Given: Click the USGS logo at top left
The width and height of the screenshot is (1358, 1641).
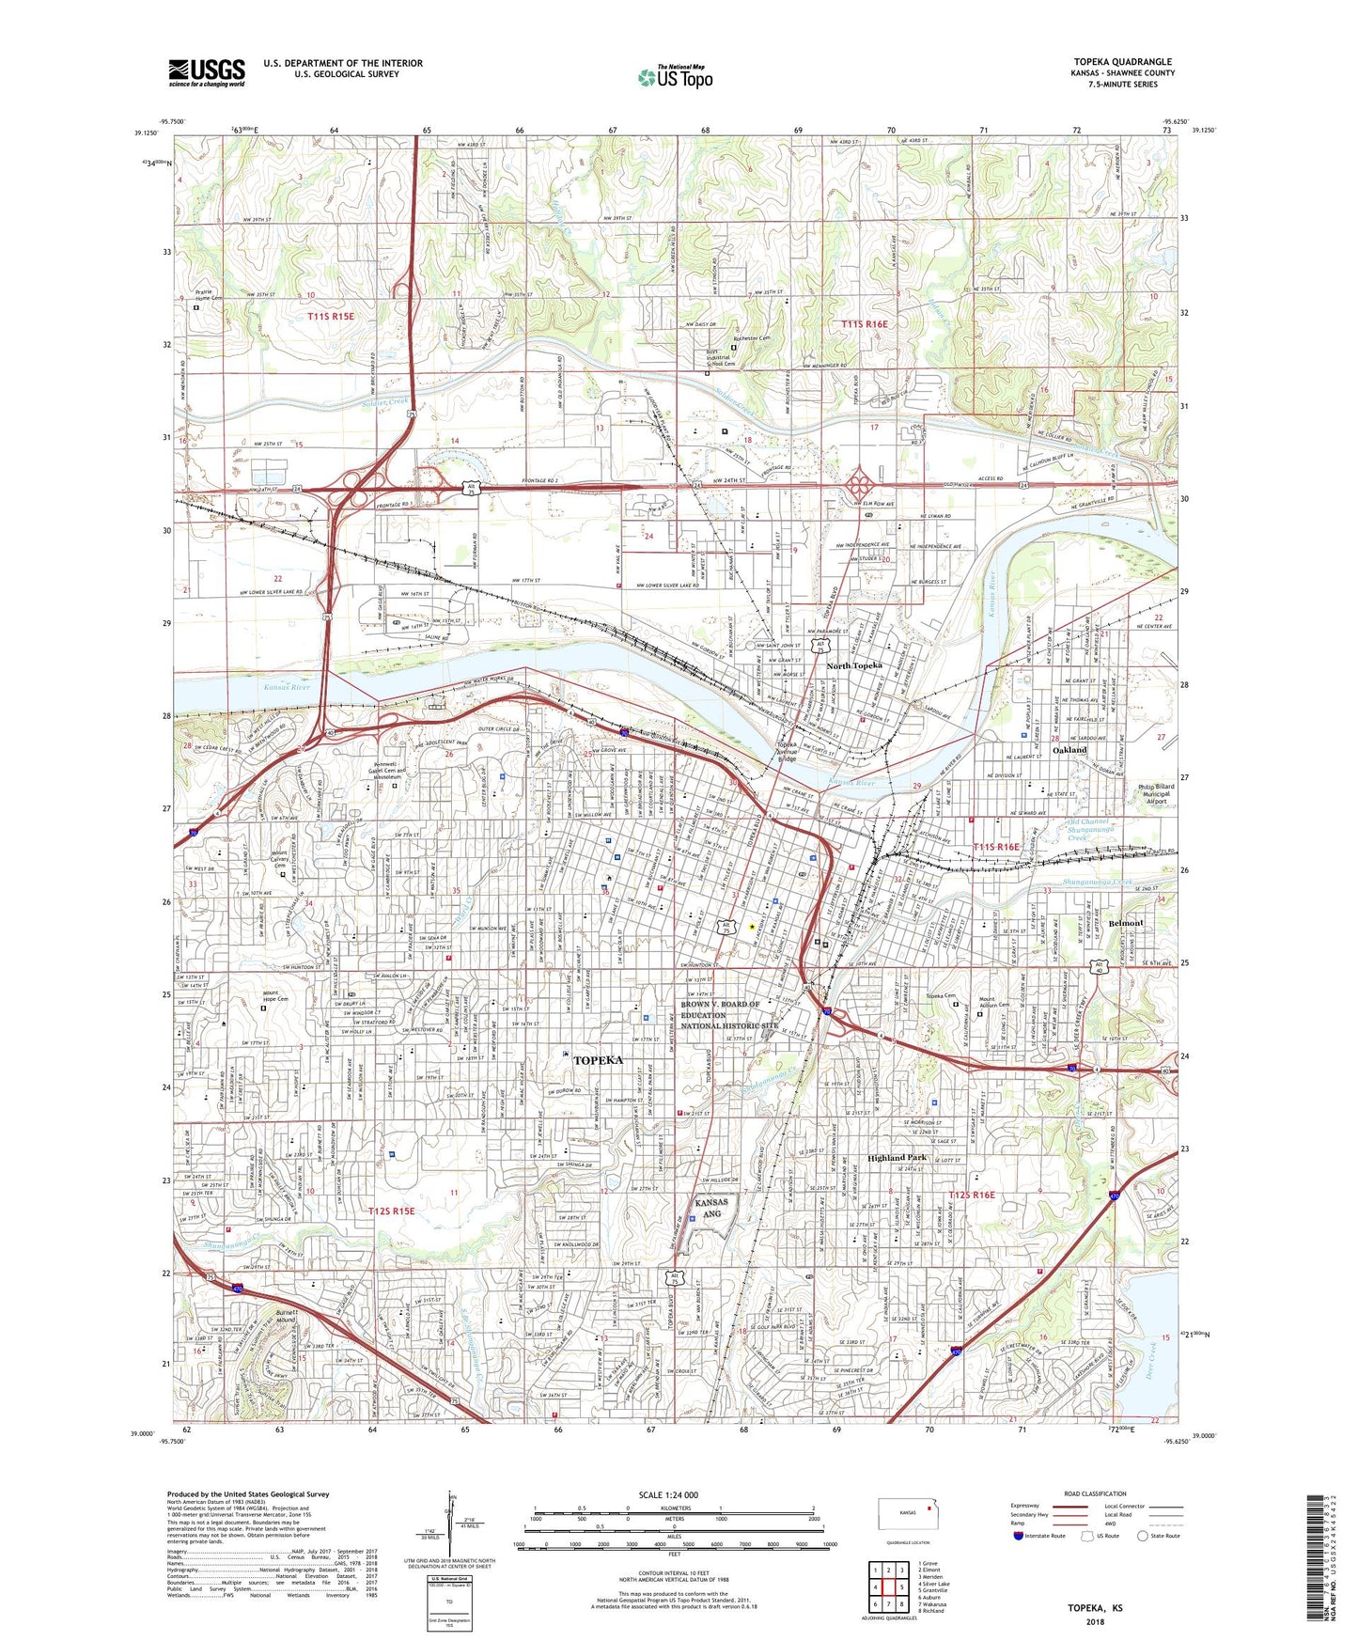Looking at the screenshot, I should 207,71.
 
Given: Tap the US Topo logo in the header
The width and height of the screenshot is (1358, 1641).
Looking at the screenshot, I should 675,77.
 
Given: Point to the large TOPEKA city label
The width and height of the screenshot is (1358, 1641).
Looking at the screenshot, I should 598,1060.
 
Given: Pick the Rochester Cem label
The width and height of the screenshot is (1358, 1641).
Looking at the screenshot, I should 751,338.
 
